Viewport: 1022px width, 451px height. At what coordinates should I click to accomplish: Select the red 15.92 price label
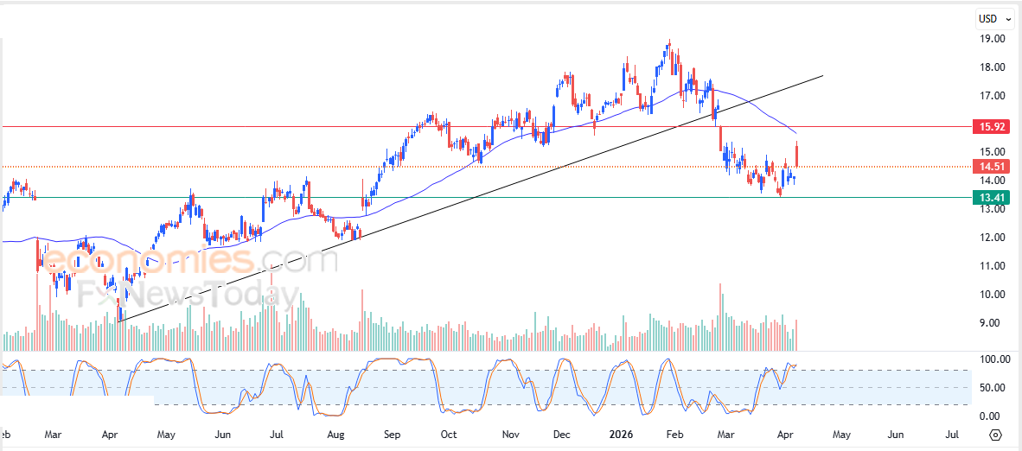coord(991,126)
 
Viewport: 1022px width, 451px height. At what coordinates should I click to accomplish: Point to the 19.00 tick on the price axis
coord(991,39)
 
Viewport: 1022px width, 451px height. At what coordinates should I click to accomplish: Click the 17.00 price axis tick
coord(991,96)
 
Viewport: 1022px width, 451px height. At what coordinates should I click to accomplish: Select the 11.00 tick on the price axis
coord(991,266)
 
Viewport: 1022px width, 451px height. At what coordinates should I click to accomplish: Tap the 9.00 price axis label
coord(991,323)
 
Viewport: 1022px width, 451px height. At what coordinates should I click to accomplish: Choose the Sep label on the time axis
coord(392,434)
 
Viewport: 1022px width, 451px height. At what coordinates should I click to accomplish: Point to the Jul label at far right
coord(953,434)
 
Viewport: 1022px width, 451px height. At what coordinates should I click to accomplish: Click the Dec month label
coord(559,434)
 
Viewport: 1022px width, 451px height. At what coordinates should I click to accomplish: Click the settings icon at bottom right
coord(995,435)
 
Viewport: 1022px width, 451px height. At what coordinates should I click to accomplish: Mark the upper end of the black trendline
coord(821,76)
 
